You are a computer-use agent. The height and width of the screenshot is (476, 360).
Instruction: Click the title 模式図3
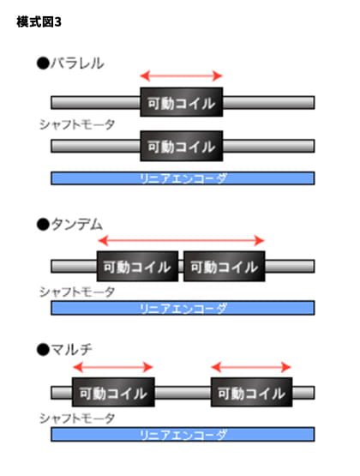(39, 22)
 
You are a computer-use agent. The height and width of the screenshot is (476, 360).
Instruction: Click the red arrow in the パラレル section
(182, 75)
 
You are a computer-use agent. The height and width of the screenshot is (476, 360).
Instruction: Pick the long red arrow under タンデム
(182, 241)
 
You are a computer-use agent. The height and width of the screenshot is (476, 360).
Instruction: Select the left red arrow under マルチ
(113, 367)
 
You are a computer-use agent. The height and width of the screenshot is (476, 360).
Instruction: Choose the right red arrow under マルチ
(251, 367)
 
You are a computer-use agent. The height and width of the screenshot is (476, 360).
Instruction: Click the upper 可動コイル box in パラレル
(182, 102)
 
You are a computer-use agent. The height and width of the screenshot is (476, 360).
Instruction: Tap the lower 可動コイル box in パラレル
(182, 146)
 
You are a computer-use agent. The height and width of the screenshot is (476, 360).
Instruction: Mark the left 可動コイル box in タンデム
(137, 266)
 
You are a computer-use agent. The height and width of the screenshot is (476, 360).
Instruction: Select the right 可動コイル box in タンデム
(225, 266)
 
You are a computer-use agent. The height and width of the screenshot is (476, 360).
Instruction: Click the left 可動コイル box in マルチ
(113, 392)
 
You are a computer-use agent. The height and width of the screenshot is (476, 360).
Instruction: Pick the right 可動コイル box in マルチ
(252, 392)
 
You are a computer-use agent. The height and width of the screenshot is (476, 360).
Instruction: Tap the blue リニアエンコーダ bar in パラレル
(183, 178)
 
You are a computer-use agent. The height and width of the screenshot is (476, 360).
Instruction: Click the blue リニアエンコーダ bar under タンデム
(183, 308)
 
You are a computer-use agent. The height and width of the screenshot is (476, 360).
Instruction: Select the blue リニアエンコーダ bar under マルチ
(183, 435)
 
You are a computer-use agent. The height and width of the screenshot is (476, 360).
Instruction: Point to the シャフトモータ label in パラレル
(77, 124)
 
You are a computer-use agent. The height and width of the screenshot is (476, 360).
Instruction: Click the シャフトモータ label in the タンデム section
(77, 292)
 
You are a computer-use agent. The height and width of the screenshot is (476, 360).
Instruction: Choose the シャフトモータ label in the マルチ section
(77, 419)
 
